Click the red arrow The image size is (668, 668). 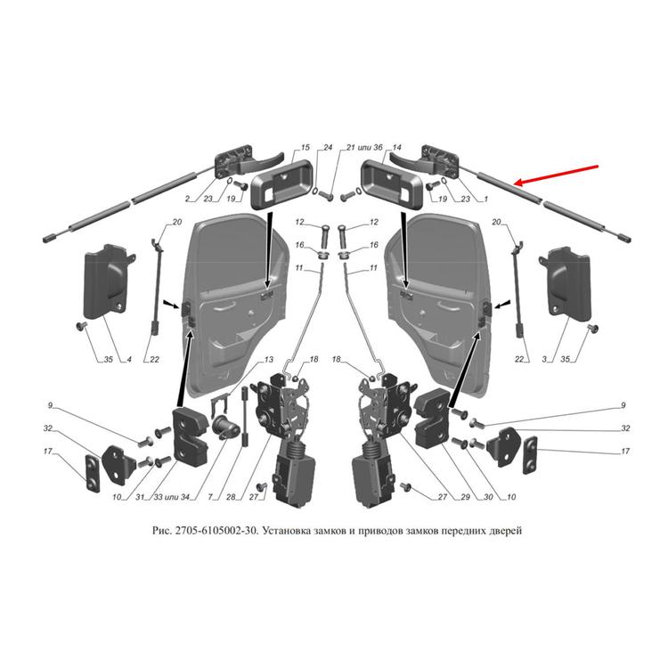pyautogui.click(x=557, y=175)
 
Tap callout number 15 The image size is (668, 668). pyautogui.click(x=305, y=147)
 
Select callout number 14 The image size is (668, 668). pyautogui.click(x=396, y=147)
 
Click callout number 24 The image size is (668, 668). pyautogui.click(x=327, y=147)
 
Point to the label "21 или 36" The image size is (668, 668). pyautogui.click(x=364, y=147)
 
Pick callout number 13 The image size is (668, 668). pyautogui.click(x=268, y=360)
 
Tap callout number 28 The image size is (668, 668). pyautogui.click(x=231, y=497)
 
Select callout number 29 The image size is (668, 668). pyautogui.click(x=465, y=497)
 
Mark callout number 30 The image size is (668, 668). pyautogui.click(x=488, y=497)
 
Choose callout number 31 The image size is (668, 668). pyautogui.click(x=140, y=497)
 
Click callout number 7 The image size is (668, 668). pyautogui.click(x=210, y=497)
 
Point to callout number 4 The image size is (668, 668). pyautogui.click(x=128, y=360)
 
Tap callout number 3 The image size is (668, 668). pyautogui.click(x=544, y=360)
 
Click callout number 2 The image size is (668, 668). pyautogui.click(x=187, y=199)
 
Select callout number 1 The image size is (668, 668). pyautogui.click(x=485, y=199)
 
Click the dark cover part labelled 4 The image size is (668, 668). pyautogui.click(x=108, y=282)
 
